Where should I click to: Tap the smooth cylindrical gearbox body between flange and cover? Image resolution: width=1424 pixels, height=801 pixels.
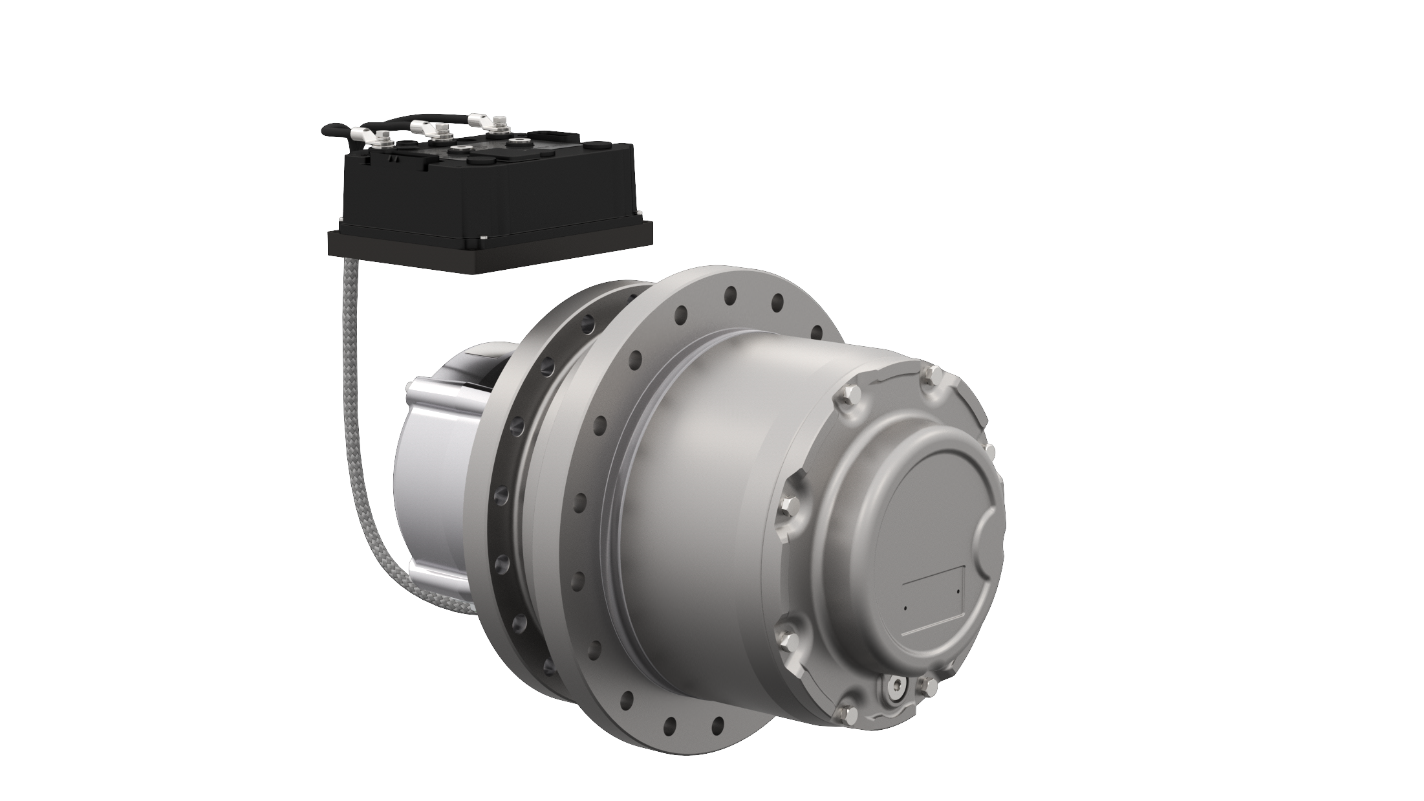[x=711, y=492]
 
